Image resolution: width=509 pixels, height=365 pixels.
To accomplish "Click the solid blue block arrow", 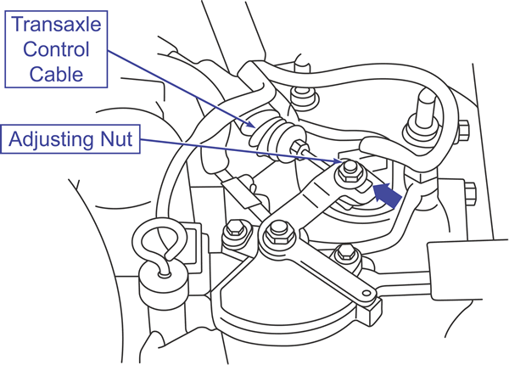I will [386, 194].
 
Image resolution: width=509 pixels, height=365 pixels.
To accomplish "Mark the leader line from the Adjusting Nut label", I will [238, 149].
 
